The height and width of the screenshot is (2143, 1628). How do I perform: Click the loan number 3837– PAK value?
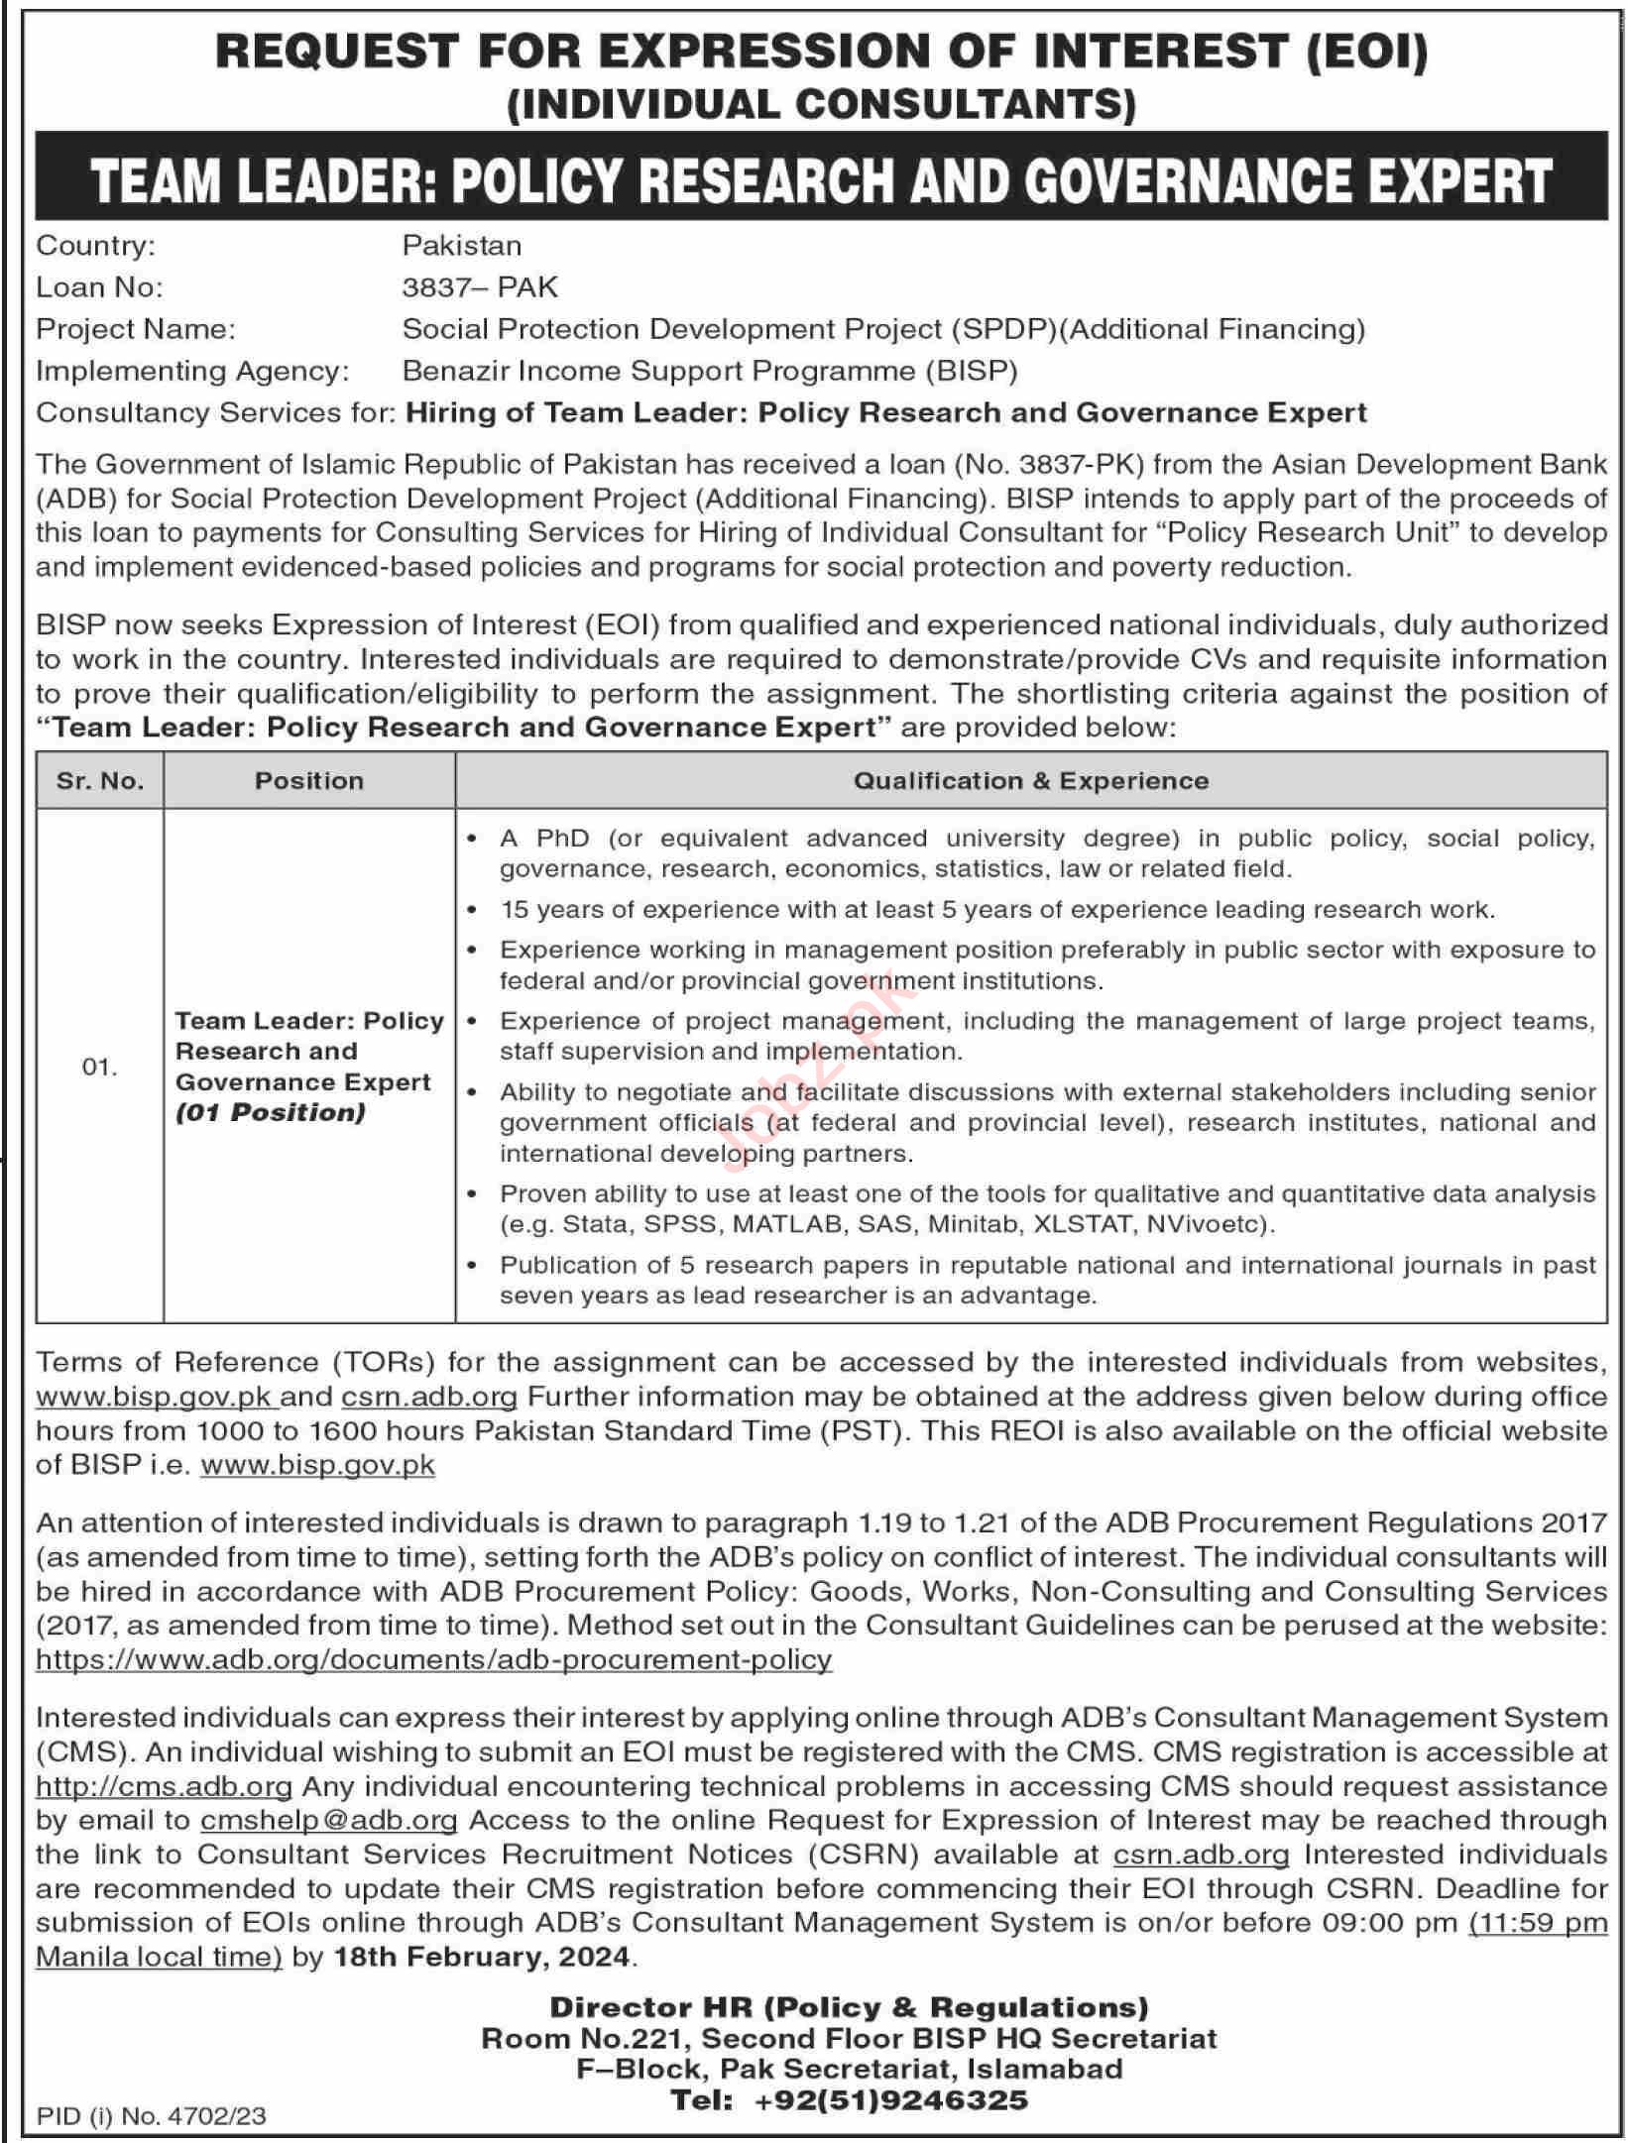point(480,287)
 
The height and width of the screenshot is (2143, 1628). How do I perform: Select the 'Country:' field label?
point(95,246)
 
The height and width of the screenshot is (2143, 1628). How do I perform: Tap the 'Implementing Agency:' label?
point(192,371)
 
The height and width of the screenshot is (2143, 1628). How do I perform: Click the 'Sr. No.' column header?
point(100,781)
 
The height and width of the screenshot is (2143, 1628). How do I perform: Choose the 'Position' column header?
point(309,781)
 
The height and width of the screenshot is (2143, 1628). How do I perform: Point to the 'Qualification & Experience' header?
point(1031,781)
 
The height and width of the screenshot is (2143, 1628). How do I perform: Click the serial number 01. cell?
point(100,1068)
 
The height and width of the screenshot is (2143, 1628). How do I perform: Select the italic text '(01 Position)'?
point(271,1113)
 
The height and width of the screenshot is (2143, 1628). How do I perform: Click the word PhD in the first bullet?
point(562,839)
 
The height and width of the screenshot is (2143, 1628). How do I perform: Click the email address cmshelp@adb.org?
point(328,1820)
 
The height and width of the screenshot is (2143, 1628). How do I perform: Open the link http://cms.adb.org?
point(164,1786)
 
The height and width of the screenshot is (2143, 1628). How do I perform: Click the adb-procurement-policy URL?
point(433,1659)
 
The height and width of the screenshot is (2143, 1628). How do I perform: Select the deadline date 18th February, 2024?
point(482,1957)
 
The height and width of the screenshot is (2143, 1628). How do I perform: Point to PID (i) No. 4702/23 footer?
point(152,2116)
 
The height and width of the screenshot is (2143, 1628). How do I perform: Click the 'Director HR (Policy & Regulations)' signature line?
point(849,2007)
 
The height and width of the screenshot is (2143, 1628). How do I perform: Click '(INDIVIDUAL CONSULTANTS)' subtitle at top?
point(821,105)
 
